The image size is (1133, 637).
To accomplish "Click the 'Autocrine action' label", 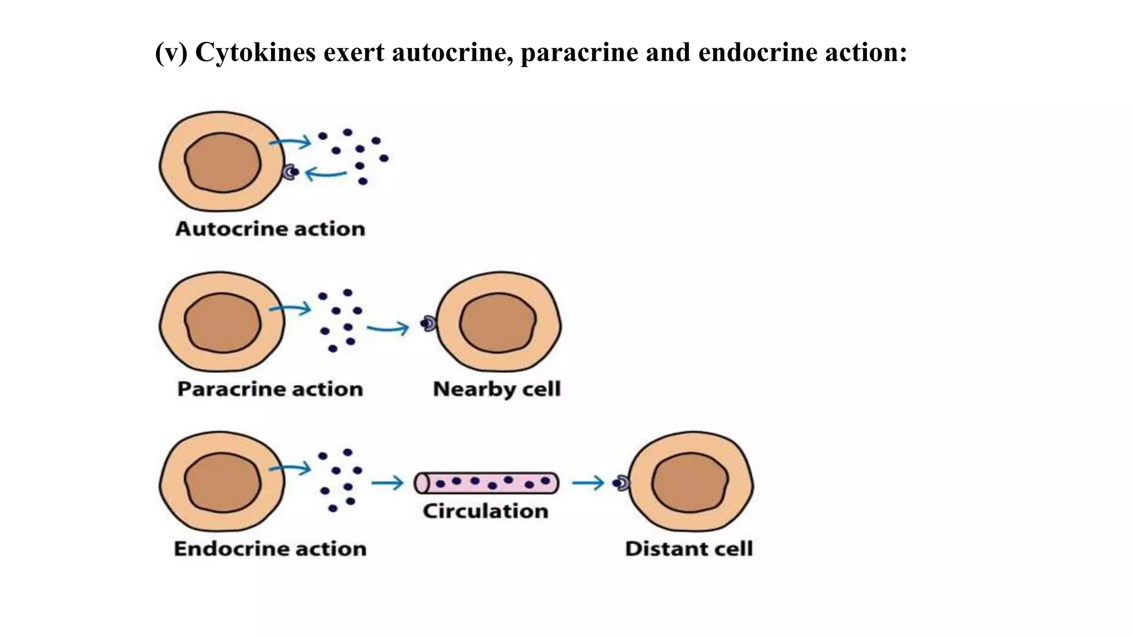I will coord(270,229).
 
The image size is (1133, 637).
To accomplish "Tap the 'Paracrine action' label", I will coord(270,389).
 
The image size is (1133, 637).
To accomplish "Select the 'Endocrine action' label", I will coord(270,549).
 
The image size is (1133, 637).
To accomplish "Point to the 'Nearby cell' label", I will coord(496,389).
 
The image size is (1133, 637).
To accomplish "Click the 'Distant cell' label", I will coord(689,549).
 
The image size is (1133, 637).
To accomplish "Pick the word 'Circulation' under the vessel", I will coord(485,511).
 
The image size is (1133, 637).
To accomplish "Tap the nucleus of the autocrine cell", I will coord(222,163).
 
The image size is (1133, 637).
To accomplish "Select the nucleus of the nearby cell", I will coord(498,323).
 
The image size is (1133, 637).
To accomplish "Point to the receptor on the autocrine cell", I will coord(289,173).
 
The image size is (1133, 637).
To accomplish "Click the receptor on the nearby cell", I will coord(428,323).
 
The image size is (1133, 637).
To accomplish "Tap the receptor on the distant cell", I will coord(621,483).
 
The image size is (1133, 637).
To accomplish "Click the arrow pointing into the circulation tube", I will coord(387,483).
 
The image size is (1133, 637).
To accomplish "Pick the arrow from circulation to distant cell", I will coord(588,483).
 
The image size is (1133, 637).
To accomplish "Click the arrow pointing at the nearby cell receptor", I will coord(387,329).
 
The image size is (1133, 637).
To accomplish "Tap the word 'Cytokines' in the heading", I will coord(255,53).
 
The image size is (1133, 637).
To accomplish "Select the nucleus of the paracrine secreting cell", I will coord(222,323).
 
